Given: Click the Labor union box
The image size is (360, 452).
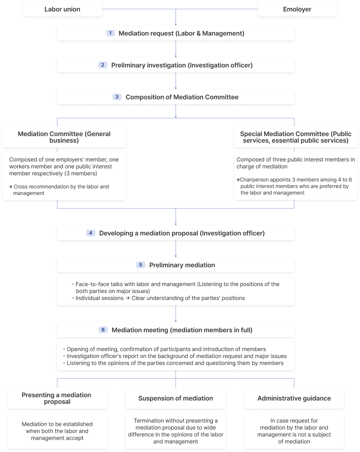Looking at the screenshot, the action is pyautogui.click(x=62, y=9).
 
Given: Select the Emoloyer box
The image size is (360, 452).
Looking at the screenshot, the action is pyautogui.click(x=297, y=9).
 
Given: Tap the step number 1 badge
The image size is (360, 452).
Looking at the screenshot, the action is pyautogui.click(x=110, y=33).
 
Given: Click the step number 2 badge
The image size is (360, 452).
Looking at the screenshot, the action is pyautogui.click(x=103, y=65).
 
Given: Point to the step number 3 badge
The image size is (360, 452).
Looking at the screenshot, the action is pyautogui.click(x=117, y=97).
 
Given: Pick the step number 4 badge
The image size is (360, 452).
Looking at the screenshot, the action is pyautogui.click(x=90, y=233).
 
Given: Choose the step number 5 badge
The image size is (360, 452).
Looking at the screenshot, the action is pyautogui.click(x=141, y=265).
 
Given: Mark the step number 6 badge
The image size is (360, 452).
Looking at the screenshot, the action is pyautogui.click(x=103, y=330).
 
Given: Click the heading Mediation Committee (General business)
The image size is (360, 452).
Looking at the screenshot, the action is pyautogui.click(x=64, y=137).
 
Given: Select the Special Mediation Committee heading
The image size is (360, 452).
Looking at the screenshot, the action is pyautogui.click(x=296, y=137).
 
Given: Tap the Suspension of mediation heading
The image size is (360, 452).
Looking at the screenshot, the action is pyautogui.click(x=176, y=398).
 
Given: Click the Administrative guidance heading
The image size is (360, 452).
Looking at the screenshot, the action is pyautogui.click(x=294, y=398).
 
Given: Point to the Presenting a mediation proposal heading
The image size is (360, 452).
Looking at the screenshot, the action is pyautogui.click(x=56, y=398).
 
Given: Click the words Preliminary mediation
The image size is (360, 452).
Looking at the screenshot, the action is pyautogui.click(x=182, y=265).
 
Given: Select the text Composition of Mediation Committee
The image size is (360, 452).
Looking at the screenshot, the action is pyautogui.click(x=182, y=97).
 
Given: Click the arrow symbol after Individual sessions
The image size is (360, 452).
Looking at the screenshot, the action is pyautogui.click(x=127, y=298).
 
